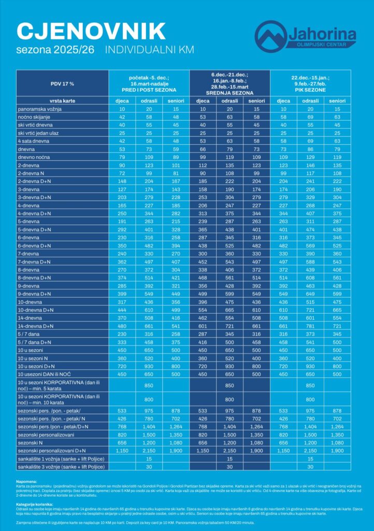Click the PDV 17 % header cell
[x=62, y=83]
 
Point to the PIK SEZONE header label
[x=310, y=91]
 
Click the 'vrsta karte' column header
[x=62, y=101]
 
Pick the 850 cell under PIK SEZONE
[x=310, y=385]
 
